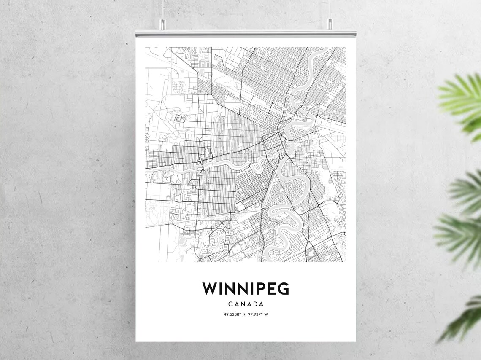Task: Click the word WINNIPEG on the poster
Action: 246,289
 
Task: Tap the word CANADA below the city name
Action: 246,304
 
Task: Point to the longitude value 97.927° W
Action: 258,314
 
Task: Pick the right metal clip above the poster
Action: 330,24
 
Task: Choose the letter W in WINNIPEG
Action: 209,289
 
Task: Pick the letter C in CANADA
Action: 230,304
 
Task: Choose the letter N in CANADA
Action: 242,304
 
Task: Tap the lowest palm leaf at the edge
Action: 464,320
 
